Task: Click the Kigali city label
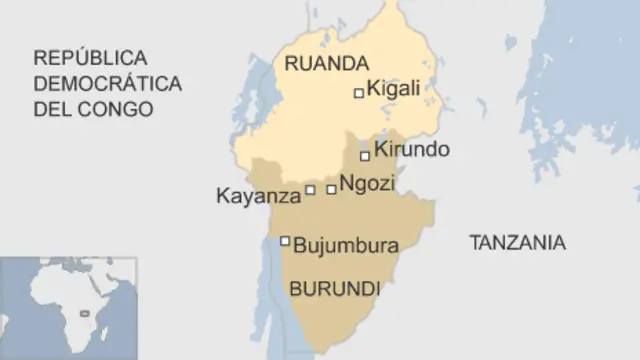click(394, 90)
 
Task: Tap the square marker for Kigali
click(359, 93)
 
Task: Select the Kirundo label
click(411, 151)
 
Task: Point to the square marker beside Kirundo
click(365, 155)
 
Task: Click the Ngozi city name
click(367, 184)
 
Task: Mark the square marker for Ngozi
click(331, 189)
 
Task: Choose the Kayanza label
click(258, 196)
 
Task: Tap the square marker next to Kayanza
click(310, 189)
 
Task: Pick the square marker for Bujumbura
click(285, 240)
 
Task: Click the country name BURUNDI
click(334, 289)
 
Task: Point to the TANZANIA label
click(517, 242)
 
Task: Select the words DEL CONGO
click(93, 109)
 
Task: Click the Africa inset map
click(66, 306)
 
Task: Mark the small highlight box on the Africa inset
click(96, 314)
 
